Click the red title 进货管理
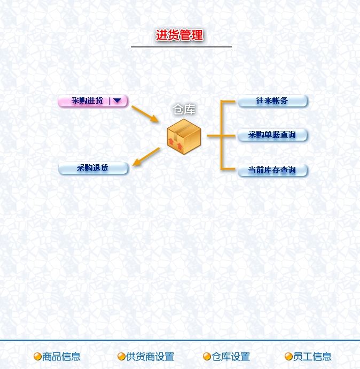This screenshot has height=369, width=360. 179,35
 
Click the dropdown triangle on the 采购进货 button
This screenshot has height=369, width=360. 117,101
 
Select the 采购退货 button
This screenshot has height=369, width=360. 93,168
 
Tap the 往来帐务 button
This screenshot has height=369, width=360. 272,101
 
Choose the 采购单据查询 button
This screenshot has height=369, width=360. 272,135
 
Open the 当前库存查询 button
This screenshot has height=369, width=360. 272,170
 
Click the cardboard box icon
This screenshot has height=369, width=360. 184,137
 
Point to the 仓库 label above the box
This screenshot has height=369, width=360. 184,110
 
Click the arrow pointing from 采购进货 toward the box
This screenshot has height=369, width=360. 145,114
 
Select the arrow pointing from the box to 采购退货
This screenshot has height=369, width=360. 146,157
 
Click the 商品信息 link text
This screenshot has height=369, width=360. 61,357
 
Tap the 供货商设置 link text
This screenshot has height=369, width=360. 150,357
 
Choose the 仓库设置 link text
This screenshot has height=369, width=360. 231,357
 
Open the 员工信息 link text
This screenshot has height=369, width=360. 312,357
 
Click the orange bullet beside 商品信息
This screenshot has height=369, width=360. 37,357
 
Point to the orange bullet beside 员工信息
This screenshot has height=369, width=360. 288,357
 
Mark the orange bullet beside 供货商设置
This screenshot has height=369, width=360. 121,357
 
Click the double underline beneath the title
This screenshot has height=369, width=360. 181,47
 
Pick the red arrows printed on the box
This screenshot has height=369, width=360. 175,144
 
